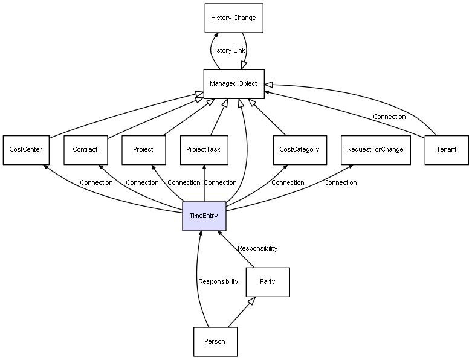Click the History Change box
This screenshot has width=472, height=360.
(234, 18)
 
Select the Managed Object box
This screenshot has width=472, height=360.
(234, 84)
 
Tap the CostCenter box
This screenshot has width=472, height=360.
(26, 150)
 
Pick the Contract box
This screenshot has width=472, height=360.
(85, 150)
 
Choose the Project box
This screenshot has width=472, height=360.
(144, 150)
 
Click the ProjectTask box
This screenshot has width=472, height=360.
(204, 150)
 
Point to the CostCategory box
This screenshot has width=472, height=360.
(300, 150)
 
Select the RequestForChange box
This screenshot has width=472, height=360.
(376, 150)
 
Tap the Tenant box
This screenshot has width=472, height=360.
(447, 150)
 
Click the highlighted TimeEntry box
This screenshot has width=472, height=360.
(204, 216)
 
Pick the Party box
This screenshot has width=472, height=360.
(268, 282)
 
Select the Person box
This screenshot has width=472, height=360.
(215, 342)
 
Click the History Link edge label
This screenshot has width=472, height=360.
(228, 50)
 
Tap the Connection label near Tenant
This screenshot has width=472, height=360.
(389, 117)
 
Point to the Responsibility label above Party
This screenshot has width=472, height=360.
(257, 248)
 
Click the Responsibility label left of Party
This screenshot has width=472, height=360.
(218, 281)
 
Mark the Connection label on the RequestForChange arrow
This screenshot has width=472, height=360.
(340, 182)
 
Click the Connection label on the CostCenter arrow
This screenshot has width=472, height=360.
(96, 182)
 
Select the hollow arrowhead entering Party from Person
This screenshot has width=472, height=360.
(252, 301)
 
